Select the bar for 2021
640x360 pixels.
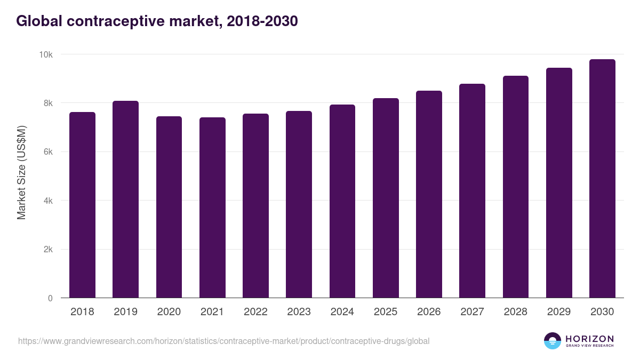click(212, 207)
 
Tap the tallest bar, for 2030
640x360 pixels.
click(602, 178)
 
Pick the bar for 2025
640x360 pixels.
click(386, 198)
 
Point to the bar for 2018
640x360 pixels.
click(82, 205)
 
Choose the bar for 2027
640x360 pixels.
click(472, 190)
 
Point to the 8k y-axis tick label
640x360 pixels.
click(48, 103)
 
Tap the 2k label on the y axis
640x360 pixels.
click(48, 250)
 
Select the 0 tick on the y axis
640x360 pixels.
click(50, 298)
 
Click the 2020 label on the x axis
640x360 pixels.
click(169, 312)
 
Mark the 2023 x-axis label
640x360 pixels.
click(299, 312)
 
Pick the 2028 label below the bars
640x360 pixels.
click(515, 312)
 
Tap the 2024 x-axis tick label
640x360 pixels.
click(342, 312)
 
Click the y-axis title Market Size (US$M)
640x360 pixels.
click(21, 173)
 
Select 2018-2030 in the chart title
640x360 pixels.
click(262, 21)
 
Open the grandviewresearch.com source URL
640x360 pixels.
click(223, 341)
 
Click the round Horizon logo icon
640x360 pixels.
click(553, 341)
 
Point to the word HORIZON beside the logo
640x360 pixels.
click(589, 339)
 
